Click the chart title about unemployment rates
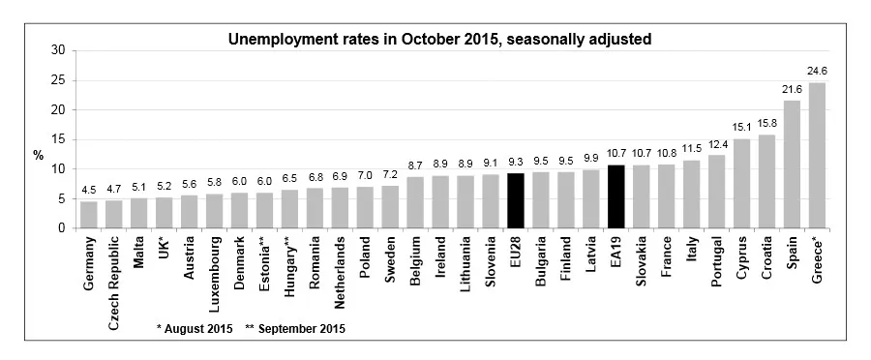tap(438, 40)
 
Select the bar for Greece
tap(818, 155)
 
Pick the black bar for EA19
tap(616, 196)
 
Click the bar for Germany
tap(88, 215)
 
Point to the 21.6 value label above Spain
tap(792, 89)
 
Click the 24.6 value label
tap(818, 71)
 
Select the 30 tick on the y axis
tap(59, 50)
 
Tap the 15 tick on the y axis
tap(59, 139)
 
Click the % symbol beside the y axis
tap(40, 155)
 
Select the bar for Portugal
tap(717, 192)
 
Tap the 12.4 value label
tap(717, 145)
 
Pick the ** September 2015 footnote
tap(295, 328)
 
